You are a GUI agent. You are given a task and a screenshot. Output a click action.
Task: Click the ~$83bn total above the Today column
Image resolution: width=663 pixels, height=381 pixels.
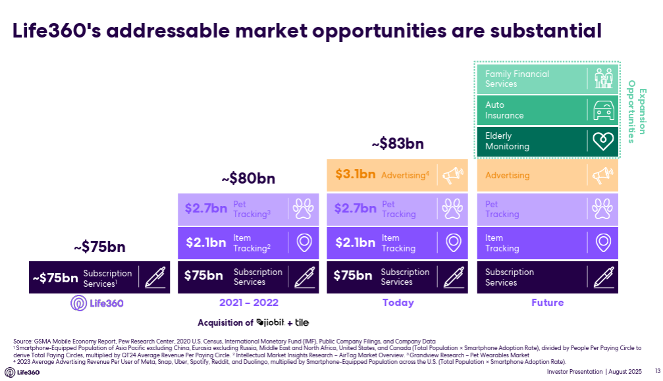coord(398,143)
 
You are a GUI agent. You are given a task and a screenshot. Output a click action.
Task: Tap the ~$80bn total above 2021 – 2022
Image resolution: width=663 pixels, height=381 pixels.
coord(248,178)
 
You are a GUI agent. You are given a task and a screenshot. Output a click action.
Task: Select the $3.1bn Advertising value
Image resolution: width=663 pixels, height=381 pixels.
coord(355,174)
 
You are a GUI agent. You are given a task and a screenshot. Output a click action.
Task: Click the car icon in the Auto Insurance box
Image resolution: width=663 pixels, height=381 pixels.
coord(602,110)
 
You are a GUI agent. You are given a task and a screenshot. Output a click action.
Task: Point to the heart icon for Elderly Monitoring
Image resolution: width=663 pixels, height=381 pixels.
coord(602,141)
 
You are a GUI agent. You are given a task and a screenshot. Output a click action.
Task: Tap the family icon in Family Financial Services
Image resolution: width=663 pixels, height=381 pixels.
coord(602,78)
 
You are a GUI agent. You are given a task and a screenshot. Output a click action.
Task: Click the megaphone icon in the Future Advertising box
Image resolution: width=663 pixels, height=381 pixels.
coord(602,176)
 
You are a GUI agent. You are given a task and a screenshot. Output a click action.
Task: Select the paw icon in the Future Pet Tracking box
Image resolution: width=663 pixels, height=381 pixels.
coord(602,209)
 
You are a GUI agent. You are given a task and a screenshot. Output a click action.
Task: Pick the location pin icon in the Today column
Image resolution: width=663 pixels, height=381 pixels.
coord(454,243)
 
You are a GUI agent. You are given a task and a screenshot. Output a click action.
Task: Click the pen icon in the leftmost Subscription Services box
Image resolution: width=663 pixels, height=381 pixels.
coord(155,277)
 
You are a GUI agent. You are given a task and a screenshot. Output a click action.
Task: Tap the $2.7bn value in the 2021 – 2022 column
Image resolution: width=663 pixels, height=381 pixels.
coord(205,209)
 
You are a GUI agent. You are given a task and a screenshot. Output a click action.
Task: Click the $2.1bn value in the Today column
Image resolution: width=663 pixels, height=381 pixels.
coord(355,243)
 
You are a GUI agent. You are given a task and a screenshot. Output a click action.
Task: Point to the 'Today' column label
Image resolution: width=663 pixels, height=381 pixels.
coord(398,303)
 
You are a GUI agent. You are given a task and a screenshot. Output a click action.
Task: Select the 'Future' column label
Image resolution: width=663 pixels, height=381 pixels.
coord(547,303)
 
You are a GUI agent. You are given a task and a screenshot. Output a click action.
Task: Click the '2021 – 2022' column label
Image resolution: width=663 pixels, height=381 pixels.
coord(248,303)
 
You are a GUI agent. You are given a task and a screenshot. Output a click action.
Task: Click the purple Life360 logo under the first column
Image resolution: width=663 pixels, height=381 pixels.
coord(97,303)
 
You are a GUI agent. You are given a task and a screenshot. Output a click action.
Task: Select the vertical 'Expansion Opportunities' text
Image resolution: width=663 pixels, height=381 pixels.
coord(636,111)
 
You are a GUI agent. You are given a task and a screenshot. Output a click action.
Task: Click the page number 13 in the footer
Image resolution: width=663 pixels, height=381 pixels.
coord(656,371)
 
